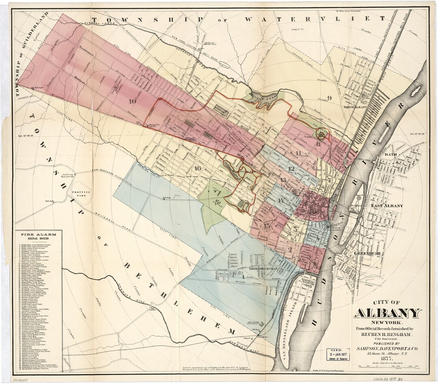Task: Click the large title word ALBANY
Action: click(387, 314)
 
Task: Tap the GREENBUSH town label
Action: click(367, 254)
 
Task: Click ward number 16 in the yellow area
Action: click(198, 168)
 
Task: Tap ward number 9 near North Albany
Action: click(329, 98)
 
